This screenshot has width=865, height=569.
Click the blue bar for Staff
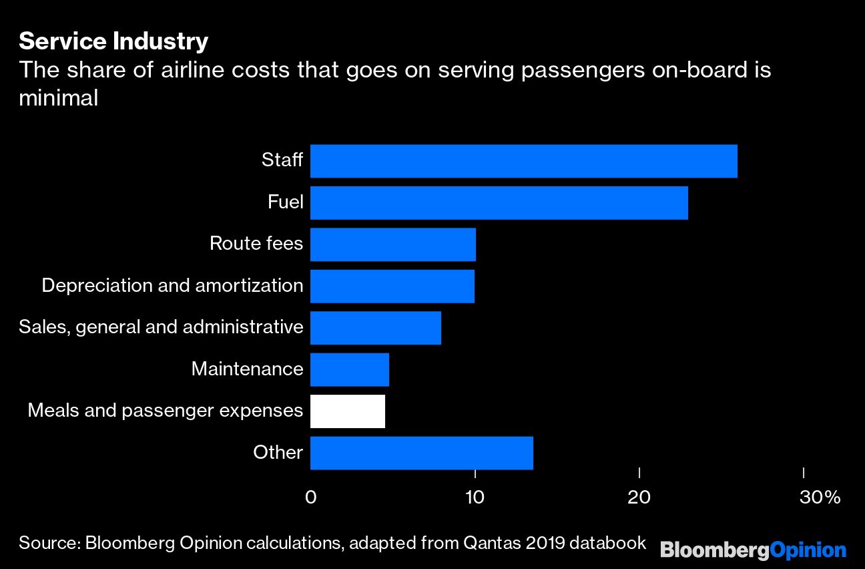[523, 161]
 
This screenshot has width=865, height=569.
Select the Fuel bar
[499, 202]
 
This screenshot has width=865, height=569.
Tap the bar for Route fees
[392, 244]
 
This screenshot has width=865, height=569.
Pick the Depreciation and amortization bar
[392, 286]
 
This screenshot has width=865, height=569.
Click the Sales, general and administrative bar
[375, 327]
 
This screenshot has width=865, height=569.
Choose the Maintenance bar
[349, 369]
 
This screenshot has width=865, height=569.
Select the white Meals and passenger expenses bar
[347, 411]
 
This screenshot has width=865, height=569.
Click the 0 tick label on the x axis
[310, 498]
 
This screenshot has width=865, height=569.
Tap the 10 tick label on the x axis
[475, 498]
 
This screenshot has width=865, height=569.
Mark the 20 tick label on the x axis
[639, 498]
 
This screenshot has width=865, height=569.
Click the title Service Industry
[113, 41]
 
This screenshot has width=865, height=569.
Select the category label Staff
[282, 161]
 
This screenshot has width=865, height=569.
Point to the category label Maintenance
[247, 369]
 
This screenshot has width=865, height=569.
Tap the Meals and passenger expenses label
[165, 411]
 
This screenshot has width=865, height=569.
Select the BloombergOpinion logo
[753, 550]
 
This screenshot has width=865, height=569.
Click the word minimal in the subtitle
[59, 98]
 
